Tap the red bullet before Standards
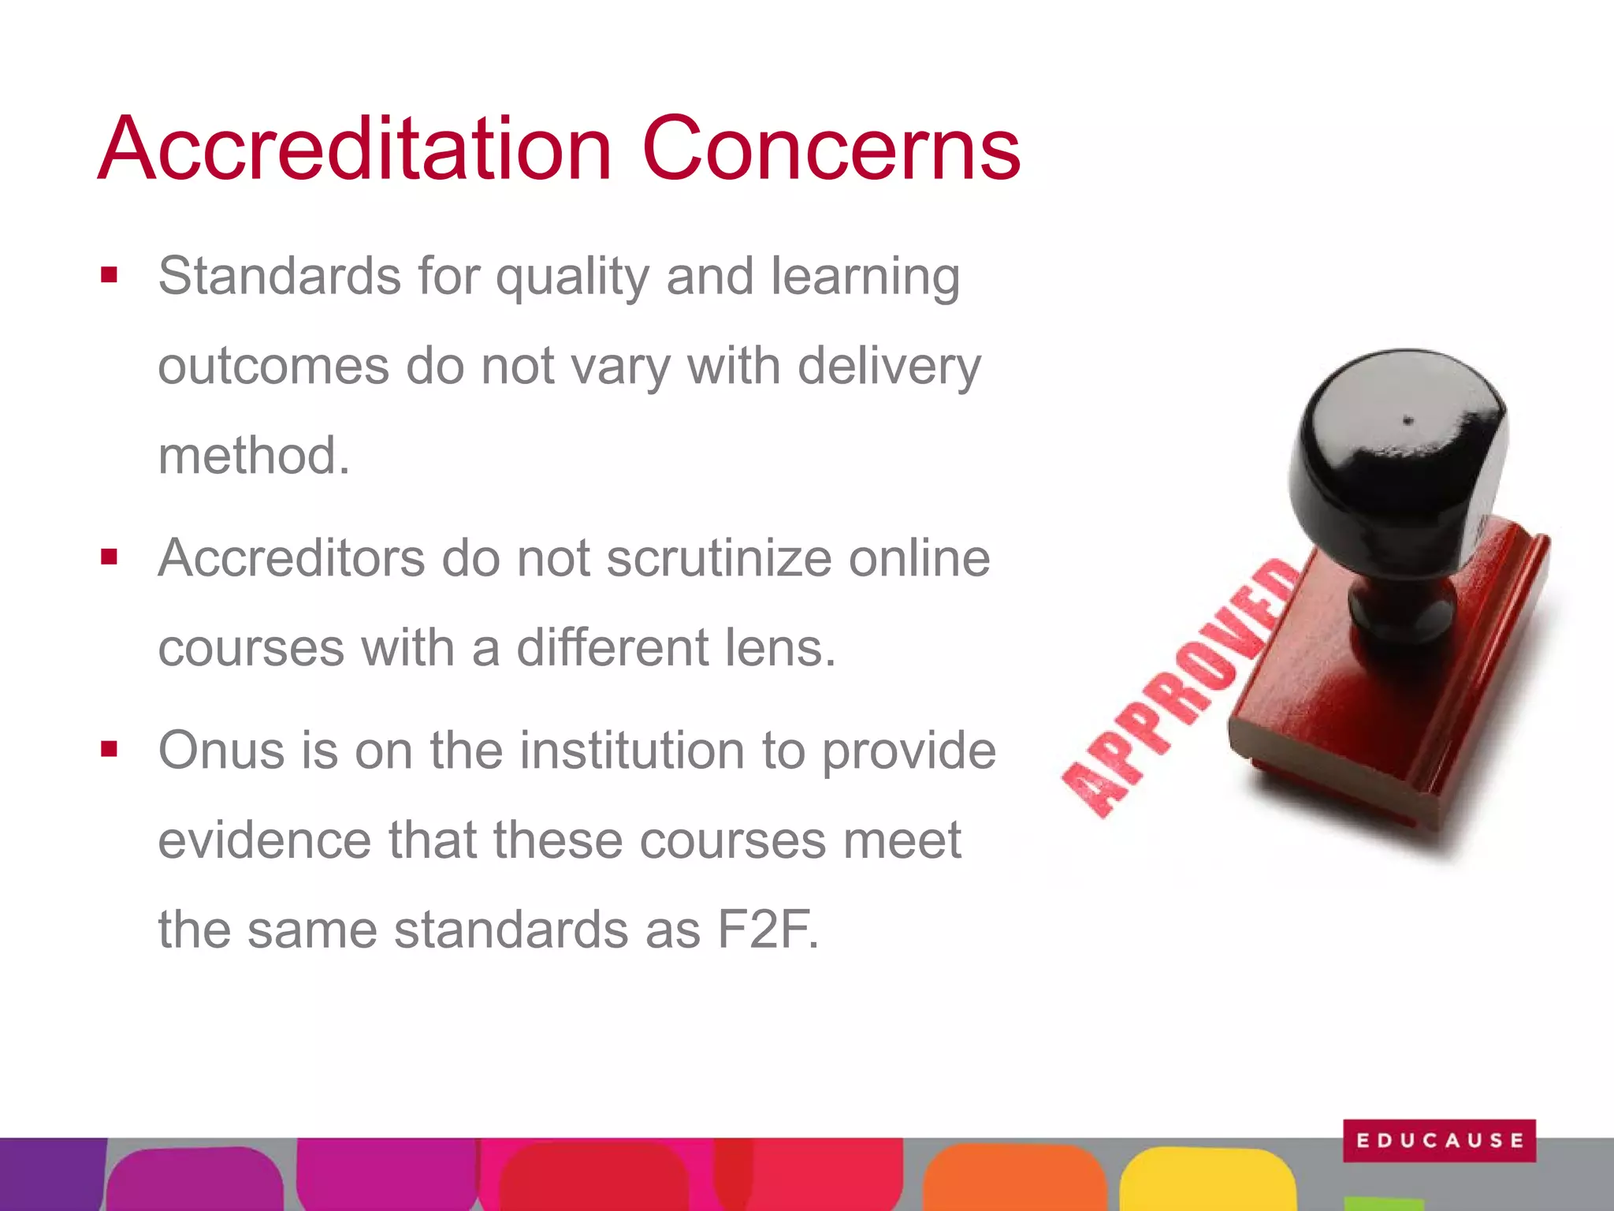point(109,275)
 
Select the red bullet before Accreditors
point(109,557)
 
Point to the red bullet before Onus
point(109,749)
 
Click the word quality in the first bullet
point(572,278)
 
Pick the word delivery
point(889,367)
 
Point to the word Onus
point(221,750)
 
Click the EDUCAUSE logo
point(1439,1140)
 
